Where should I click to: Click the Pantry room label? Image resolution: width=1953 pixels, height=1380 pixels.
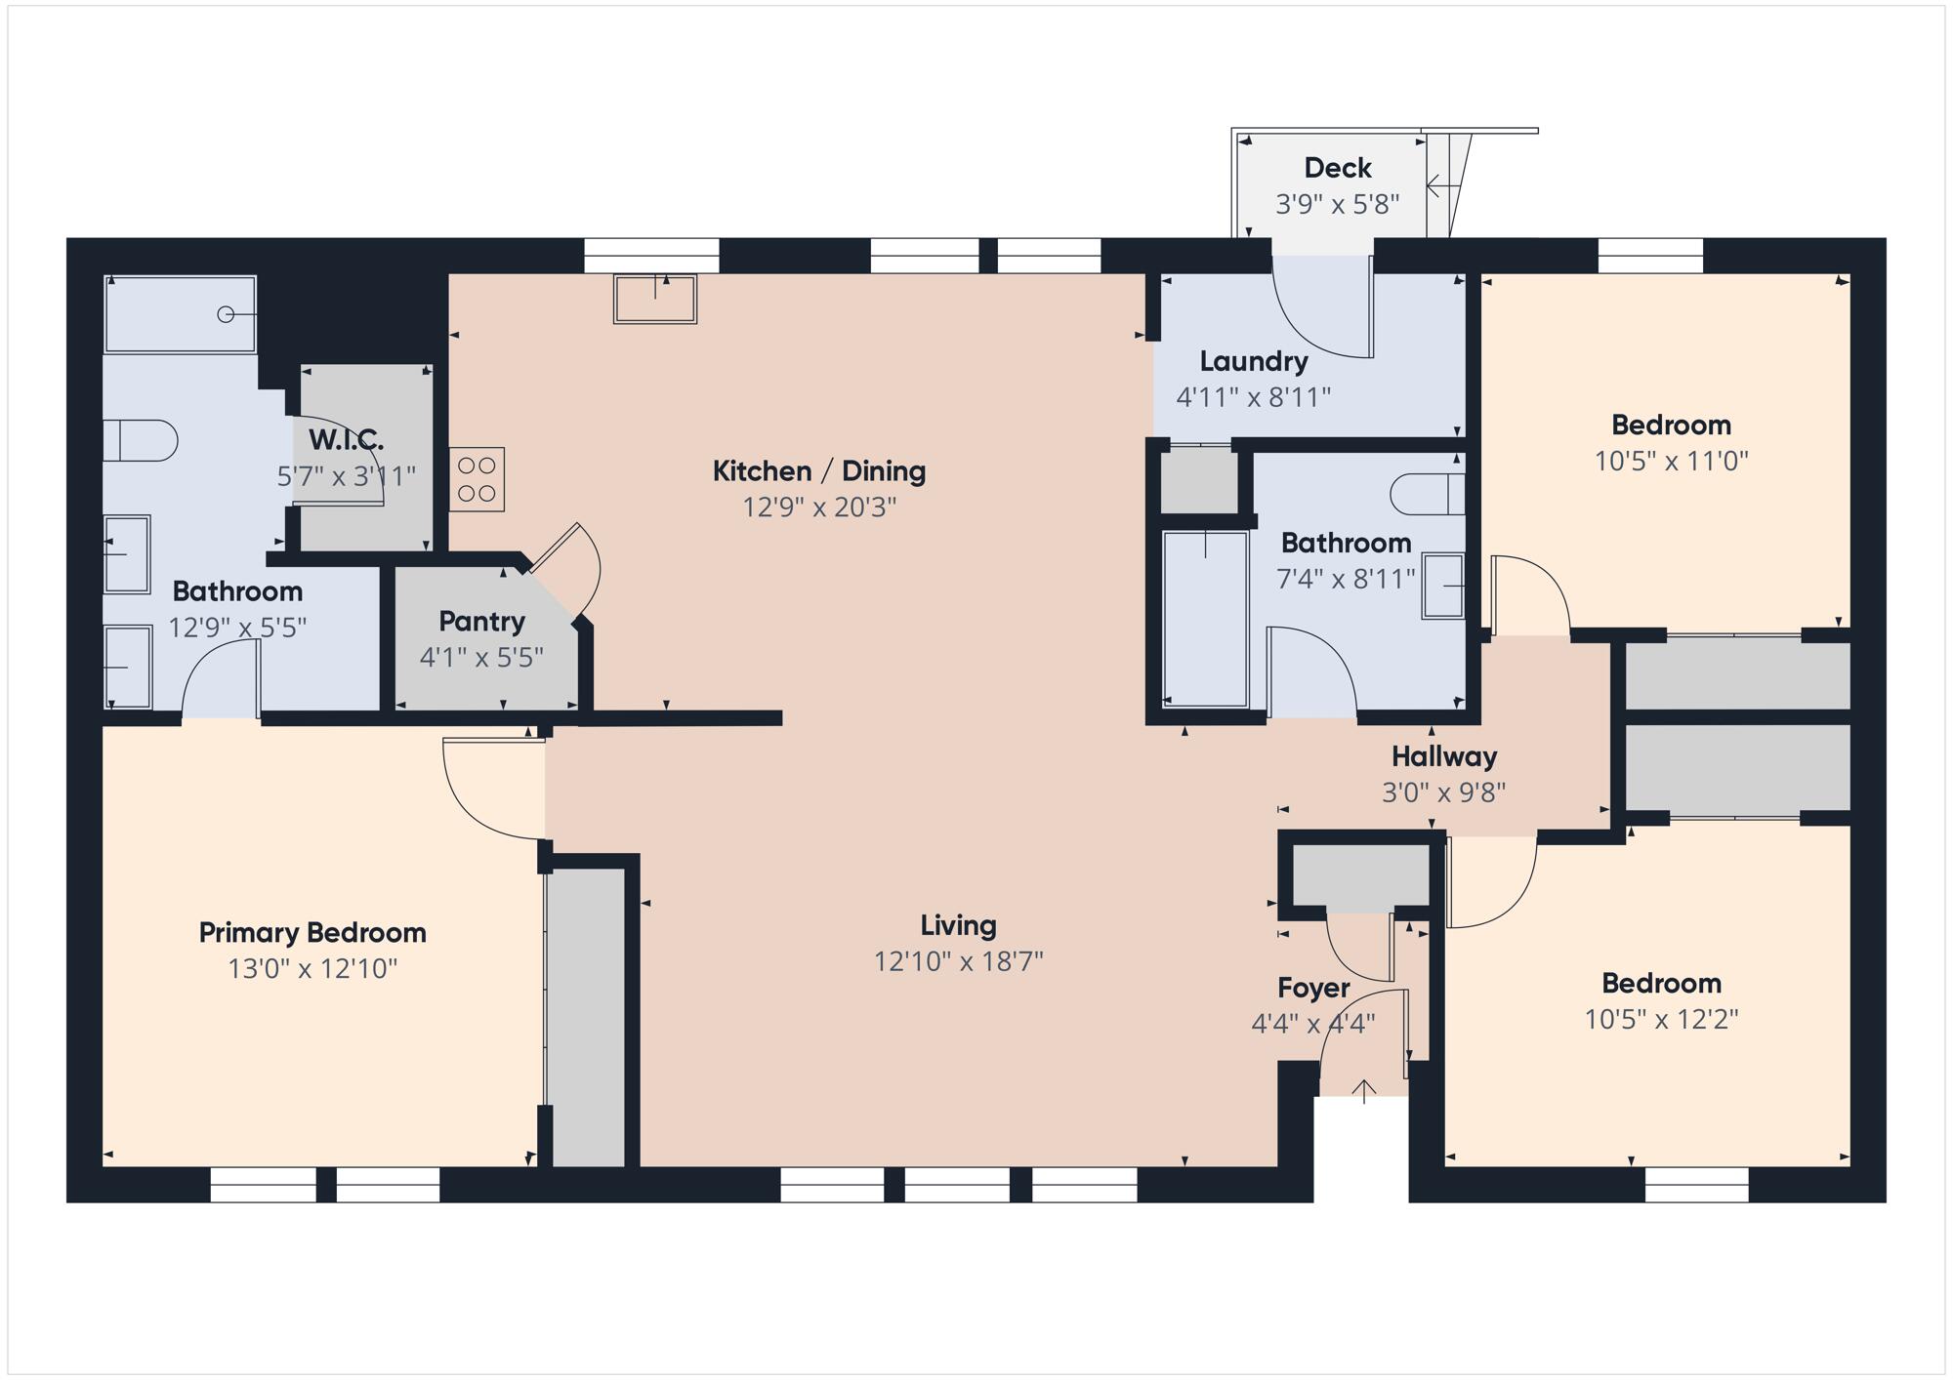point(481,621)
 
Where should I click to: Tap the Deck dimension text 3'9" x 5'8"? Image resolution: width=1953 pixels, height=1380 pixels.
point(1338,204)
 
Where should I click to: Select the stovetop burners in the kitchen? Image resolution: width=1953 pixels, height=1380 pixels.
point(477,479)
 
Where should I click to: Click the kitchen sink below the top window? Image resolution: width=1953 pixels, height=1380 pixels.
point(655,299)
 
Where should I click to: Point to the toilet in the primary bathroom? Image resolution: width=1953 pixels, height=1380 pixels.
point(141,440)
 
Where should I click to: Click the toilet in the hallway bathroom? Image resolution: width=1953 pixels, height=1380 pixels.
point(1428,494)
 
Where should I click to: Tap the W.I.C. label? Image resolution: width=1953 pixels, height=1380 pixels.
point(347,439)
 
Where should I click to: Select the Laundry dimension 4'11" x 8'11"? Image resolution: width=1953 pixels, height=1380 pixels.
point(1254,397)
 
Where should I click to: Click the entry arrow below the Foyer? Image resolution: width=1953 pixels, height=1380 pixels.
point(1363,1091)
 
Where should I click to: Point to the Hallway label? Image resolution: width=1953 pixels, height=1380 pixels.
point(1444,756)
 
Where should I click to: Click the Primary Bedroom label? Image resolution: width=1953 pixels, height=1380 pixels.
point(312,933)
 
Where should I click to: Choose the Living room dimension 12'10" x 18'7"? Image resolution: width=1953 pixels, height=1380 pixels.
point(959,961)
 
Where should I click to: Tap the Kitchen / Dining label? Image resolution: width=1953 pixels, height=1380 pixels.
point(819,471)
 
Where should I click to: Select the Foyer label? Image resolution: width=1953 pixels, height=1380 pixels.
point(1313,988)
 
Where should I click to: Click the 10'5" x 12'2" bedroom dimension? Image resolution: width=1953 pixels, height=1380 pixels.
point(1661,1019)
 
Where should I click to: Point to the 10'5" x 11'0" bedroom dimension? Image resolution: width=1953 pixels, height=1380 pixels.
point(1672,461)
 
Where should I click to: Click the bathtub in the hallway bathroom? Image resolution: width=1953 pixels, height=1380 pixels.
point(1206,619)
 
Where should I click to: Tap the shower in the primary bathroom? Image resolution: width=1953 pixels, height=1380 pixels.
point(181,313)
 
